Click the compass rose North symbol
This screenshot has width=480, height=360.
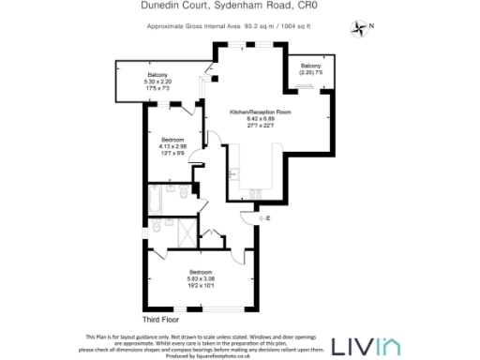click(359, 27)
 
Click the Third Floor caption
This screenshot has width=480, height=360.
click(160, 320)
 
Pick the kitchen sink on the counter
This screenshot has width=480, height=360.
click(254, 192)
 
